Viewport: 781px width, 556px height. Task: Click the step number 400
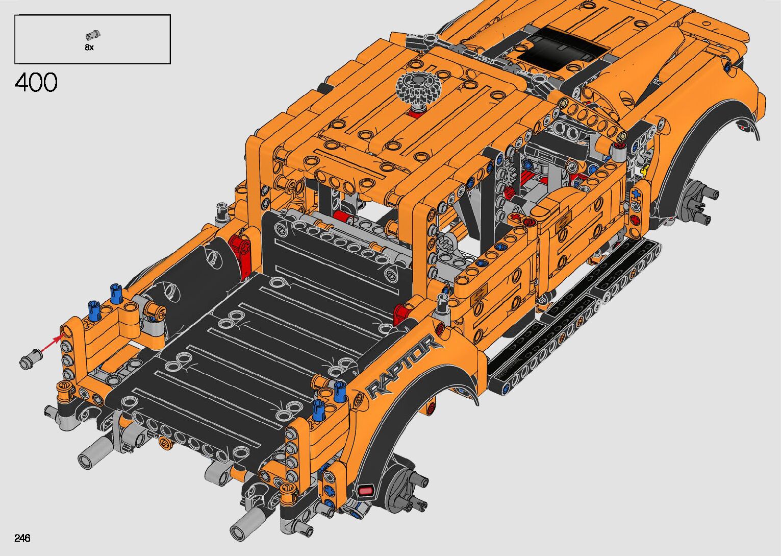36,82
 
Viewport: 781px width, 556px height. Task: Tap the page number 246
22,538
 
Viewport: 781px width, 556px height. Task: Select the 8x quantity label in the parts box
89,47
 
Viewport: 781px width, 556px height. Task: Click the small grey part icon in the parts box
93,35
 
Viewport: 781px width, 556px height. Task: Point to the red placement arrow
53,343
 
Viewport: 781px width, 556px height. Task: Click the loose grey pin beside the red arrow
31,358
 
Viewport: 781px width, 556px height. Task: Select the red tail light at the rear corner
365,491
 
